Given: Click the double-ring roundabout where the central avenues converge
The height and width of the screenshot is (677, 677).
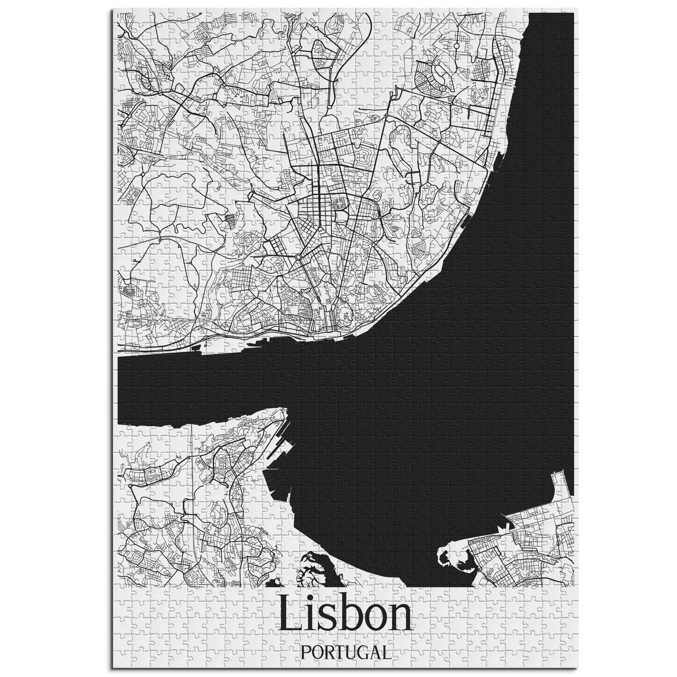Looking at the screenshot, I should tap(298, 257).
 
